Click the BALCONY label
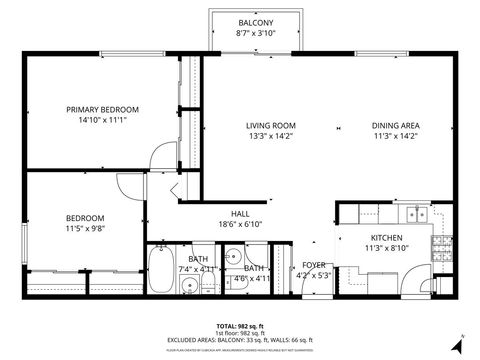pyautogui.click(x=256, y=23)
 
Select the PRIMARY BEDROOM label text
pyautogui.click(x=102, y=109)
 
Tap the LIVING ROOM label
pyautogui.click(x=271, y=125)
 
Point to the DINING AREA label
pyautogui.click(x=395, y=125)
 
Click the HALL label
pyautogui.click(x=241, y=213)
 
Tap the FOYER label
pyautogui.click(x=314, y=265)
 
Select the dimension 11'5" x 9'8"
pyautogui.click(x=85, y=228)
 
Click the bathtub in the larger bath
pyautogui.click(x=159, y=267)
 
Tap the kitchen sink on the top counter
pyautogui.click(x=416, y=213)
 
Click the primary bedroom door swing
pyautogui.click(x=160, y=154)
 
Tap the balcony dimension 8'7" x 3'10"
pyautogui.click(x=256, y=33)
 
